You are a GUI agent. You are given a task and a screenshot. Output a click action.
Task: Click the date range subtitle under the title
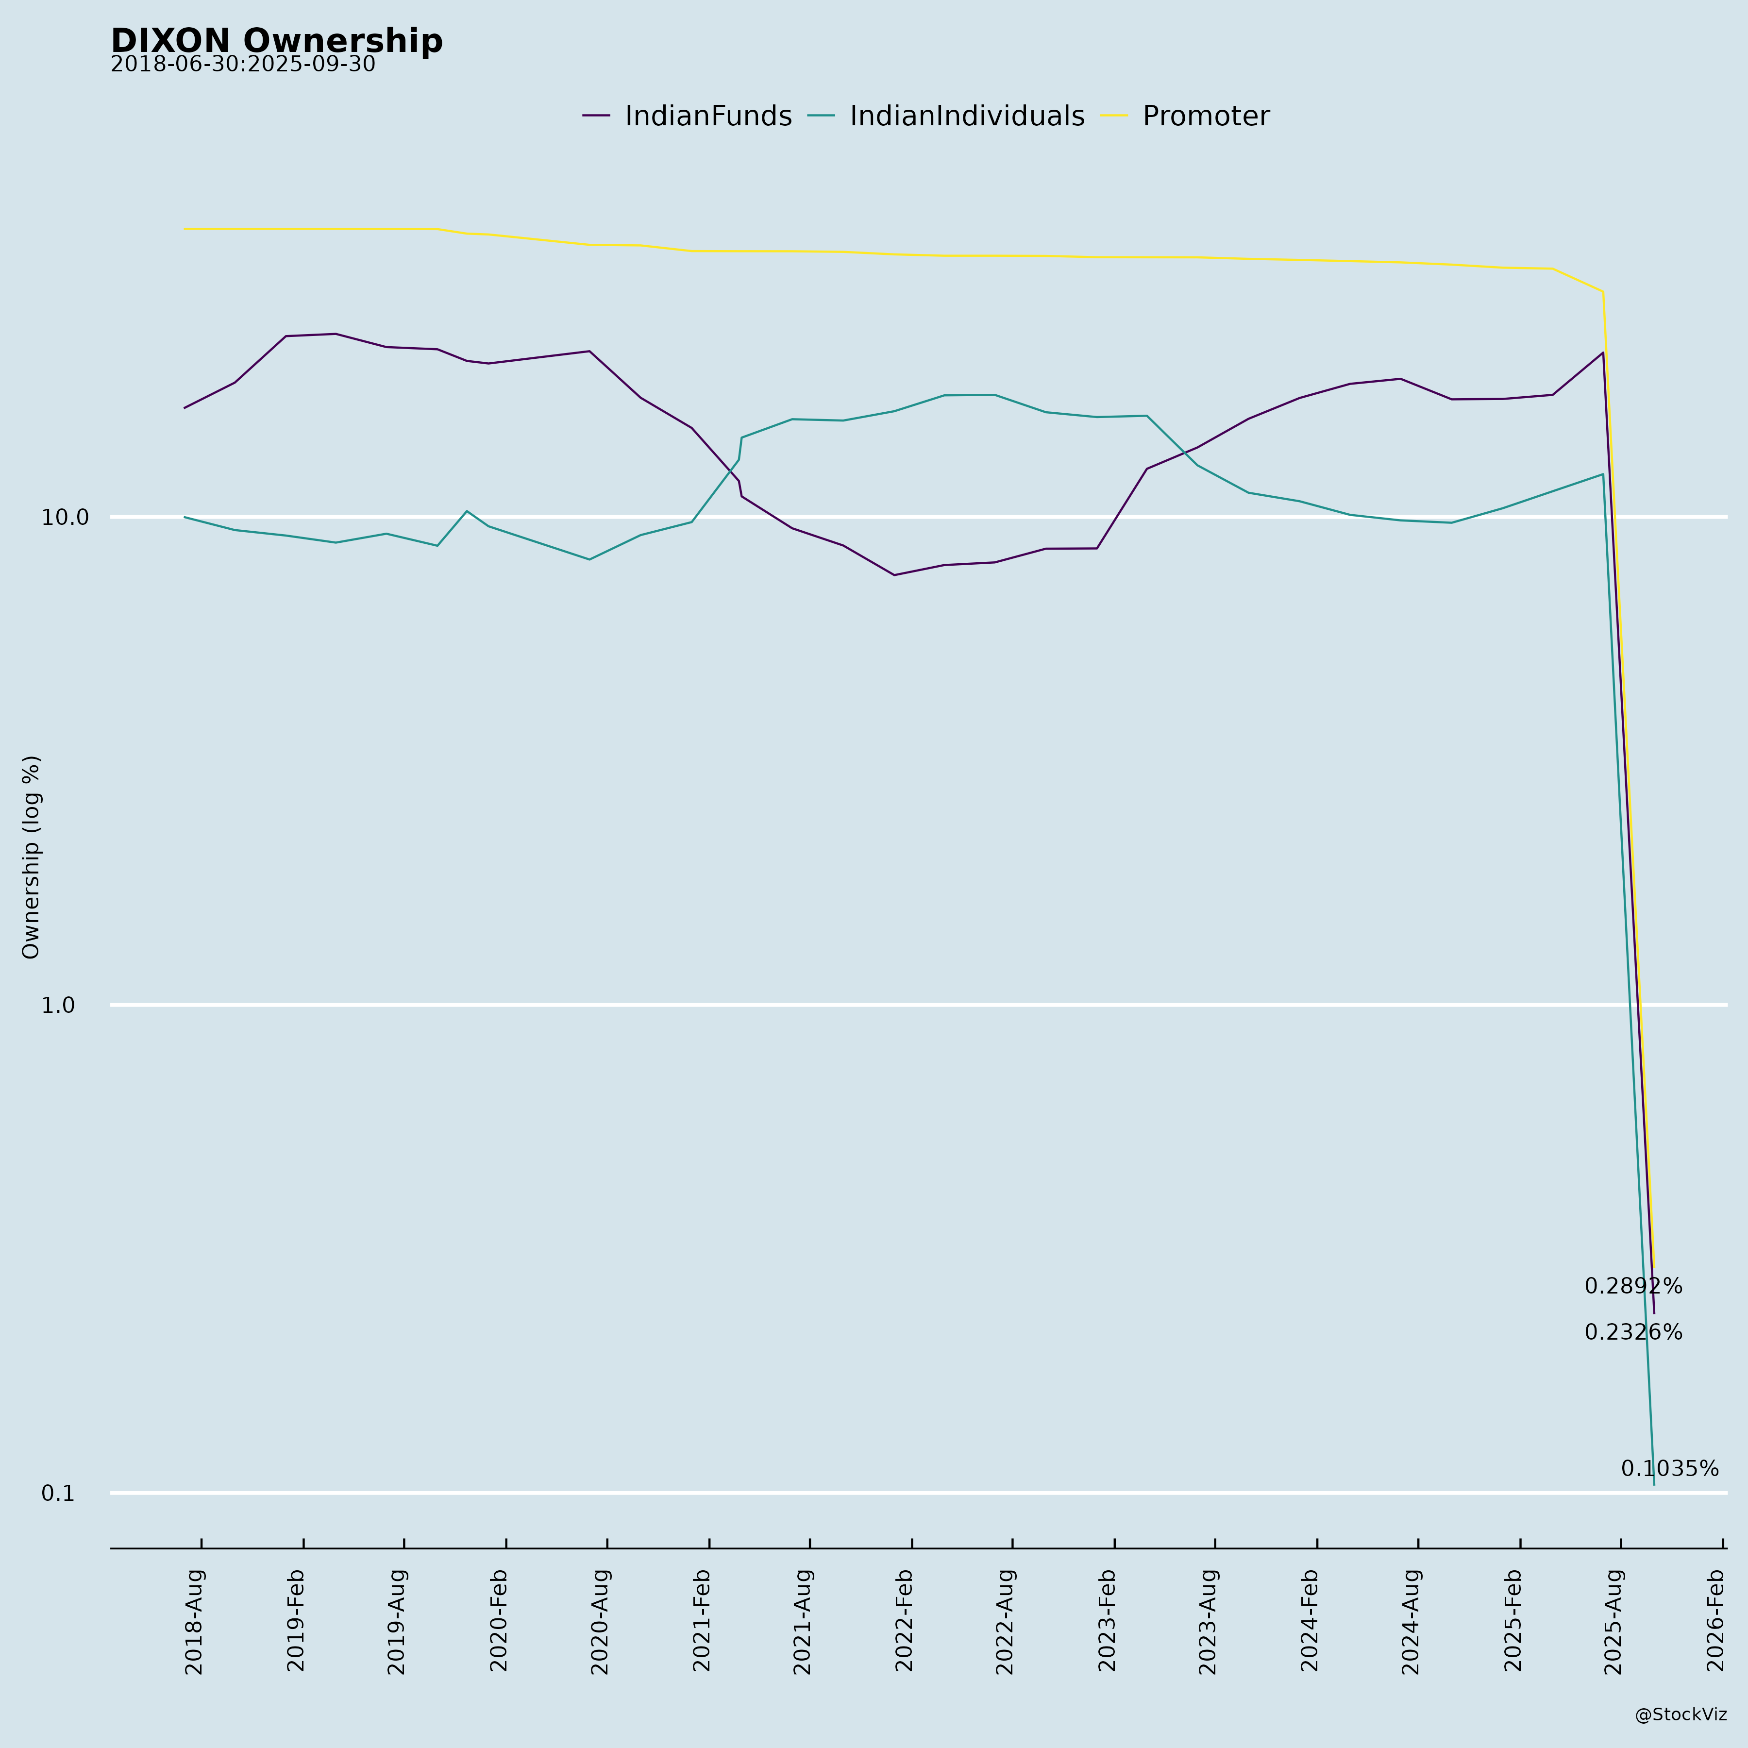pyautogui.click(x=242, y=65)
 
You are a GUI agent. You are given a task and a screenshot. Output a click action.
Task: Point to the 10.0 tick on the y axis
pyautogui.click(x=65, y=518)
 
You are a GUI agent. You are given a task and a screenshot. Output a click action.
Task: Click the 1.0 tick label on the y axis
pyautogui.click(x=58, y=1005)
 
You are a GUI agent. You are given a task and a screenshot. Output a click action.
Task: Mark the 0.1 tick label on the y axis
pyautogui.click(x=58, y=1494)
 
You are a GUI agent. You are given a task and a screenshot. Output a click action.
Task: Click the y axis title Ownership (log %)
pyautogui.click(x=32, y=857)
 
